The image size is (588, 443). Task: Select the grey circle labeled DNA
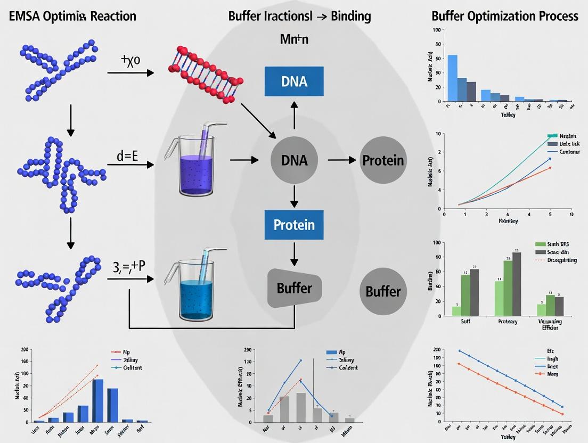[x=294, y=160]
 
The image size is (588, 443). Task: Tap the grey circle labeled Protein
[x=383, y=160]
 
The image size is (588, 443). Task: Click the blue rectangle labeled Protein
[x=294, y=225]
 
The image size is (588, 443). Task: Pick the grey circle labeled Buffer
[x=383, y=291]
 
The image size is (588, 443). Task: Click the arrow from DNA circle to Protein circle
[x=341, y=160]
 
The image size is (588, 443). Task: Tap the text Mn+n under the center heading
[x=294, y=39]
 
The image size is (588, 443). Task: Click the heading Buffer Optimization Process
[x=504, y=16]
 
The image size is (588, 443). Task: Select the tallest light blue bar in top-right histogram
[x=452, y=78]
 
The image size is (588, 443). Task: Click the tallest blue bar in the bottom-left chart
[x=97, y=400]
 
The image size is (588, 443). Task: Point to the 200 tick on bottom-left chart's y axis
[x=24, y=350]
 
